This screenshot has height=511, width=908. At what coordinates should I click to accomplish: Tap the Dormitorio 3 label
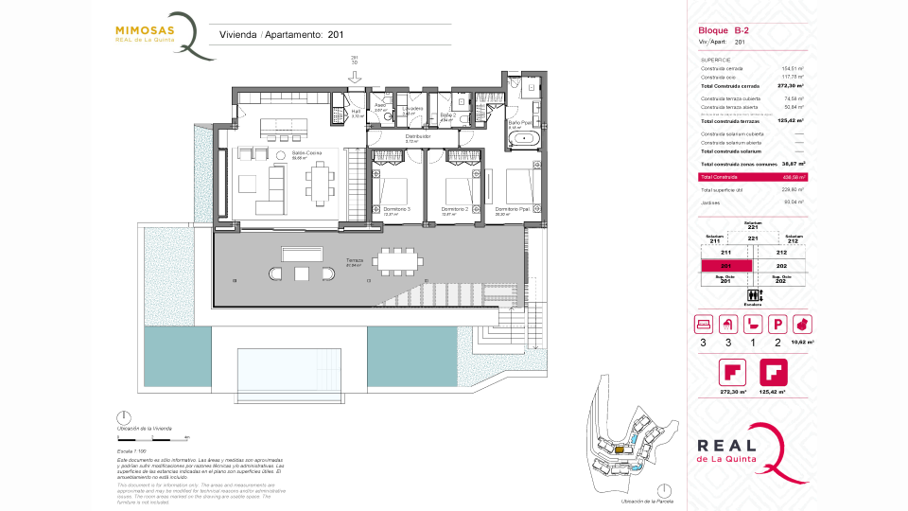(395, 208)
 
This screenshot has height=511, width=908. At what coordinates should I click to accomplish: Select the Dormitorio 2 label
(455, 208)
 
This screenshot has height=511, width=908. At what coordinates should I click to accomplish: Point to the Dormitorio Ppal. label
(512, 208)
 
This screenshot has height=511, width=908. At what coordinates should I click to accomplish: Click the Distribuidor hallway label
(418, 136)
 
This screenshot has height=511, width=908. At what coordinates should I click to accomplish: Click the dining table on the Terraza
(398, 257)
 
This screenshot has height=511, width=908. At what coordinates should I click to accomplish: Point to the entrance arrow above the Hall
(355, 88)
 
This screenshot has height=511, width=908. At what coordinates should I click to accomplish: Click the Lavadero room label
(411, 109)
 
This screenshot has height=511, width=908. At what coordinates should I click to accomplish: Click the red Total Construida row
(752, 177)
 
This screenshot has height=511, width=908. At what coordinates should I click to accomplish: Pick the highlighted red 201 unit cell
(726, 266)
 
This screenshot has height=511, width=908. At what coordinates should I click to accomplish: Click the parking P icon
(778, 325)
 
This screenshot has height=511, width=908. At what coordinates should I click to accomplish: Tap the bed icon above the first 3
(704, 325)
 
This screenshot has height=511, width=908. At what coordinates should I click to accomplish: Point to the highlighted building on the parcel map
(620, 450)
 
